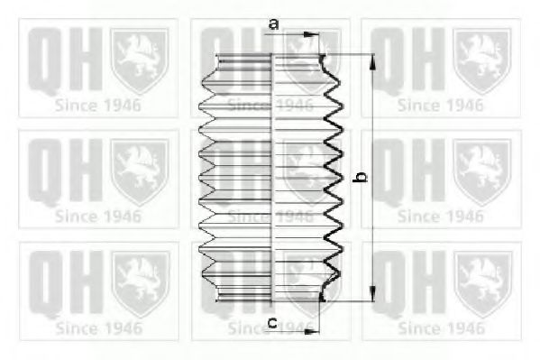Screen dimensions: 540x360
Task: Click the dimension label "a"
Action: (x=273, y=24)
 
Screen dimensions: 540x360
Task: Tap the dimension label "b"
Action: (x=361, y=177)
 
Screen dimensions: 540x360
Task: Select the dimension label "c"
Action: (x=272, y=323)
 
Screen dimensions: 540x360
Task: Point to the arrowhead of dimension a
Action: (x=312, y=34)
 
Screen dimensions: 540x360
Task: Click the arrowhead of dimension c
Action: (x=312, y=331)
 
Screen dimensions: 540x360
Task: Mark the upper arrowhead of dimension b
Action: (x=372, y=61)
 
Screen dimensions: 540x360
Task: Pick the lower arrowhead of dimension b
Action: (x=372, y=293)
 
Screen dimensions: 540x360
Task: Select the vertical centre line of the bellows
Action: (x=272, y=178)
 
